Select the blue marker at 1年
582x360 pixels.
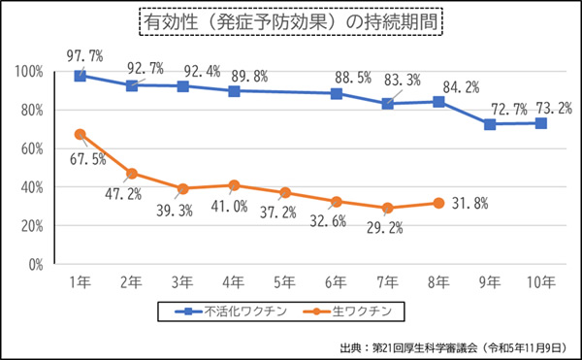pos(81,76)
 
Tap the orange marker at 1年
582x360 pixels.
pos(81,134)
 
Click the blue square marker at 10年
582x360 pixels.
pos(540,123)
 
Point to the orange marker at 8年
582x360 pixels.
pos(438,203)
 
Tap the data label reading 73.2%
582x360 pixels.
pos(549,108)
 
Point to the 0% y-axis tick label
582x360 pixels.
pos(33,264)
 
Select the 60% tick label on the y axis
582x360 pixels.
pos(30,148)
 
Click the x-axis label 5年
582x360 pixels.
pos(285,282)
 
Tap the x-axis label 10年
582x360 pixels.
pos(540,282)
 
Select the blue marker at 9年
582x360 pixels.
pos(490,124)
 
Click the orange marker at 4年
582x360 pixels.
pos(234,185)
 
